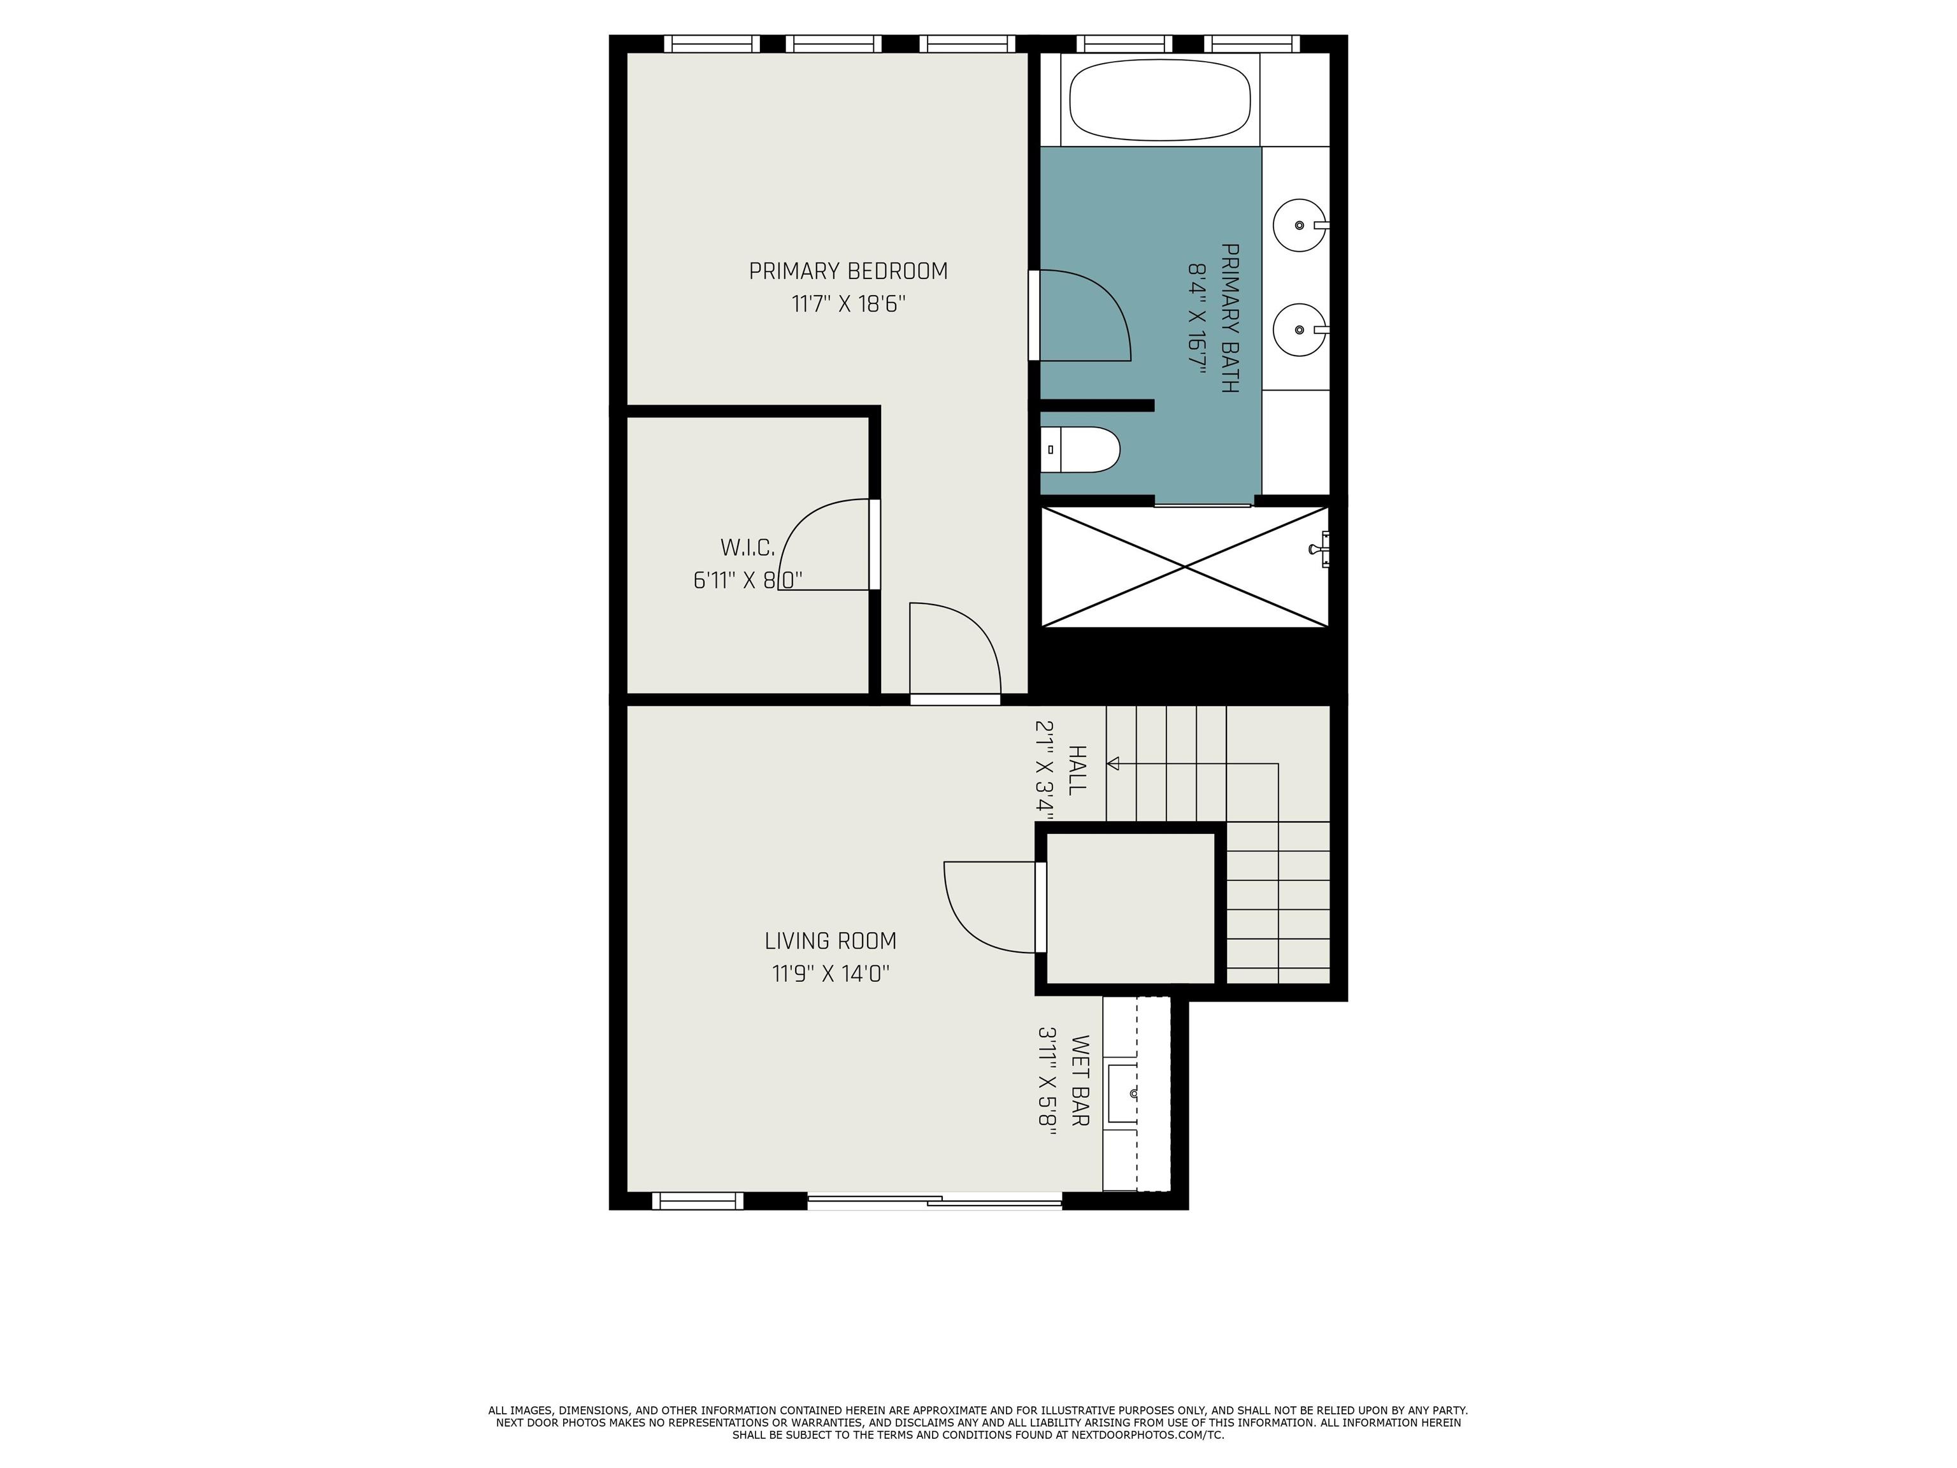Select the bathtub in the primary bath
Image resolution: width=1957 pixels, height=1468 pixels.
[x=1160, y=99]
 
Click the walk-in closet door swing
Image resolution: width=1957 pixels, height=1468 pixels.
[x=824, y=544]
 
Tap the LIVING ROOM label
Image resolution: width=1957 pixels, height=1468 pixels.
[x=831, y=940]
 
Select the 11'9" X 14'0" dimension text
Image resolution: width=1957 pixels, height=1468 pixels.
[x=831, y=974]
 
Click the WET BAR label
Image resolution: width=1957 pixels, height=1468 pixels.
[x=1079, y=1081]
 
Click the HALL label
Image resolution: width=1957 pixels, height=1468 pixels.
[x=1077, y=770]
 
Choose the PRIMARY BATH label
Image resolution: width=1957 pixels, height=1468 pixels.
[x=1229, y=318]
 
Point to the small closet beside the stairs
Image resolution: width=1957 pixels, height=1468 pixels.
[x=1131, y=908]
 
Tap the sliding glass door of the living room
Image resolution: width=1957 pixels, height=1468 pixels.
[x=935, y=1201]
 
